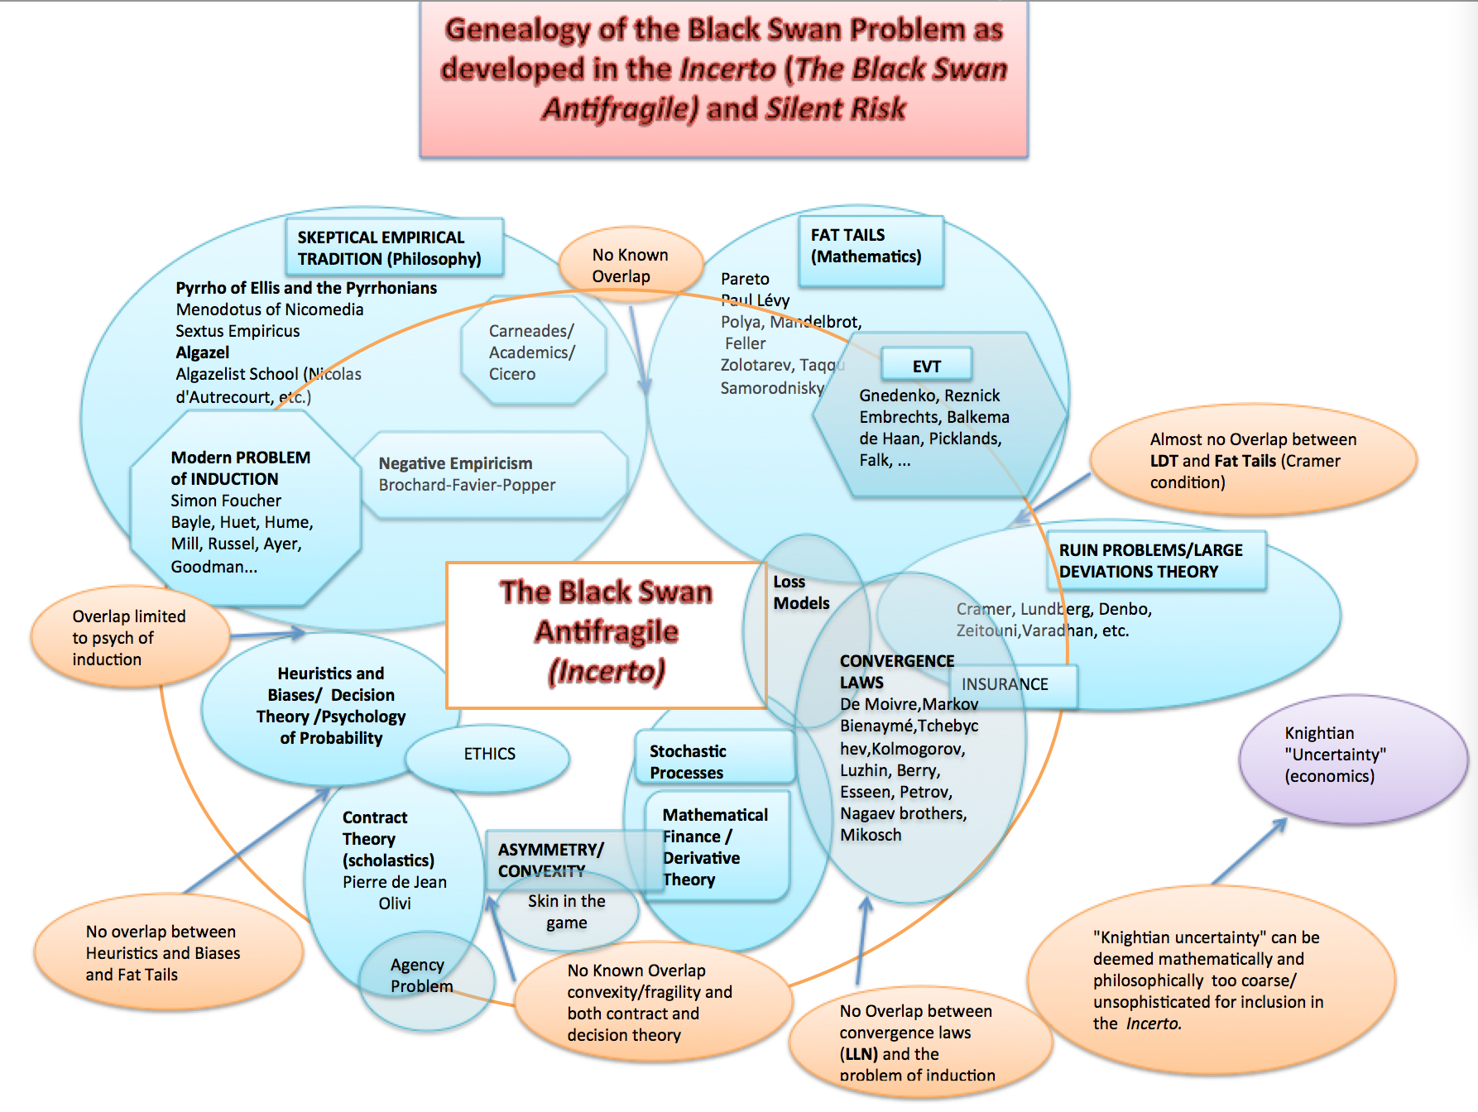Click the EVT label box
point(926,366)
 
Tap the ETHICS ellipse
point(488,755)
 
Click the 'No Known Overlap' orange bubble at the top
point(630,266)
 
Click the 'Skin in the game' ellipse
point(567,913)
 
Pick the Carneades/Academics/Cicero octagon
point(533,352)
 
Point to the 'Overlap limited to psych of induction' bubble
point(129,638)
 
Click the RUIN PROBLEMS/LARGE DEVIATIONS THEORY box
point(1155,561)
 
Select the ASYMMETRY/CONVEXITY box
point(550,860)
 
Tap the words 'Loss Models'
point(800,592)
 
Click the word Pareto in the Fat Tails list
point(745,279)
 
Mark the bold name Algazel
point(203,352)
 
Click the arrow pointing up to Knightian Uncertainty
point(1249,852)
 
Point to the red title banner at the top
point(723,78)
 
